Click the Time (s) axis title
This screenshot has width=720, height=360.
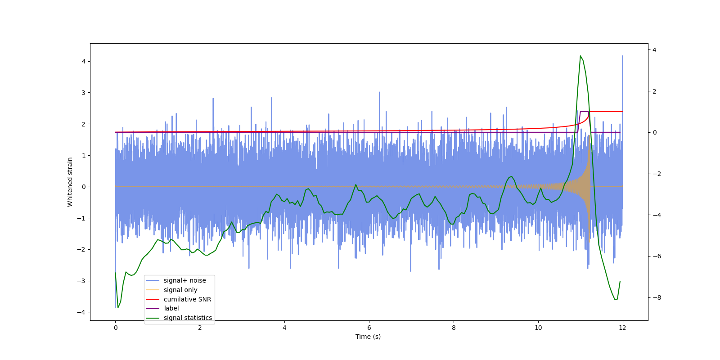(368, 337)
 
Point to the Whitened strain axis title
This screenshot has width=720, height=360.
(70, 182)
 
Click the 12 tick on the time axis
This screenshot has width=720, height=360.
(622, 328)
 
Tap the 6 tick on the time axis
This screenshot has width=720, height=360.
(369, 328)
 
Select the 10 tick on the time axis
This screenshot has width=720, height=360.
(538, 328)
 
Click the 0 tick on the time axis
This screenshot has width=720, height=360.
(115, 328)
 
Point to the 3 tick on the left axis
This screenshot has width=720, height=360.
(83, 93)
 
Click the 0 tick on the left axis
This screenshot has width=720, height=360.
(83, 187)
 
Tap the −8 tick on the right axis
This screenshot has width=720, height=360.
(656, 297)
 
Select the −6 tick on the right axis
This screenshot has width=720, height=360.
(656, 256)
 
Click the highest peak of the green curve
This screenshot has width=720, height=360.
(580, 56)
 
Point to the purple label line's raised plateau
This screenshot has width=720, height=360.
(584, 112)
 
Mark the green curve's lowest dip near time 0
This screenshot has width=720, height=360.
(118, 307)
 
